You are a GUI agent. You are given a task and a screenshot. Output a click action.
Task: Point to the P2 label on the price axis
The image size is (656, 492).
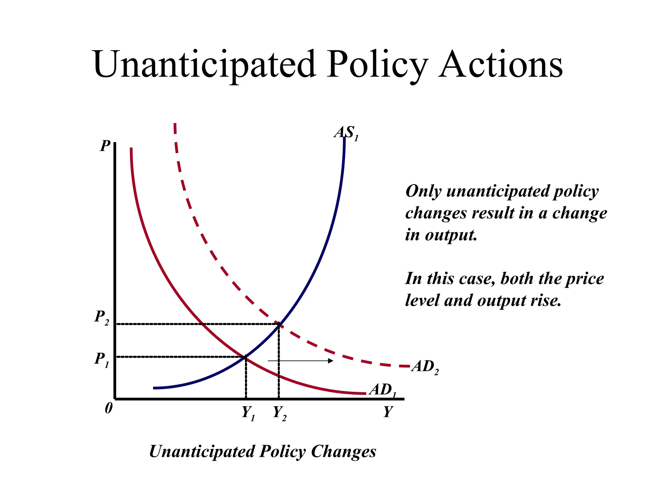coord(102,317)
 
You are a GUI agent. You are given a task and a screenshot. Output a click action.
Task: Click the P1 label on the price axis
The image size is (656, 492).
coord(102,359)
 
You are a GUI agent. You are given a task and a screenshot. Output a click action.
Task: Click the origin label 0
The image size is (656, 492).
coord(109,408)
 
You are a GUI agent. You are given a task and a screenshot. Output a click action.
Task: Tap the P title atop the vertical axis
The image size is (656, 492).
coord(105,146)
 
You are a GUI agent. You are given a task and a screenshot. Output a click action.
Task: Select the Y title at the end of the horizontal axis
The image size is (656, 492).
coord(388,412)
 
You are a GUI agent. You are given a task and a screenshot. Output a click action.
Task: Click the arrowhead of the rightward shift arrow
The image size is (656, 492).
coord(331,361)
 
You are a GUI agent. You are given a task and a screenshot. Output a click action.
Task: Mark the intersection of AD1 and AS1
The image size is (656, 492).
coord(246,357)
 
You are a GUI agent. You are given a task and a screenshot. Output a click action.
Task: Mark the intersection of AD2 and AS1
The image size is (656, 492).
coord(279,324)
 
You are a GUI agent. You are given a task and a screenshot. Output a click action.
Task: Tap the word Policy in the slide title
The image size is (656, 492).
coord(377,65)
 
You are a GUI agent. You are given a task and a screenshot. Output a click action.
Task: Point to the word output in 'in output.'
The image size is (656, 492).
coord(451,235)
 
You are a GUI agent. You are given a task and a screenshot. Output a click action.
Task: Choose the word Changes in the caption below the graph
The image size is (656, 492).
coord(343,452)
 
